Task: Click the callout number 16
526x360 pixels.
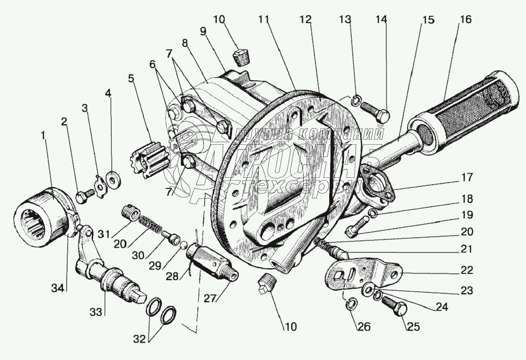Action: (x=465, y=20)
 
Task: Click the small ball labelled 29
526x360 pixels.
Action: (x=182, y=243)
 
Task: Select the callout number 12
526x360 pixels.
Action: (x=306, y=20)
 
